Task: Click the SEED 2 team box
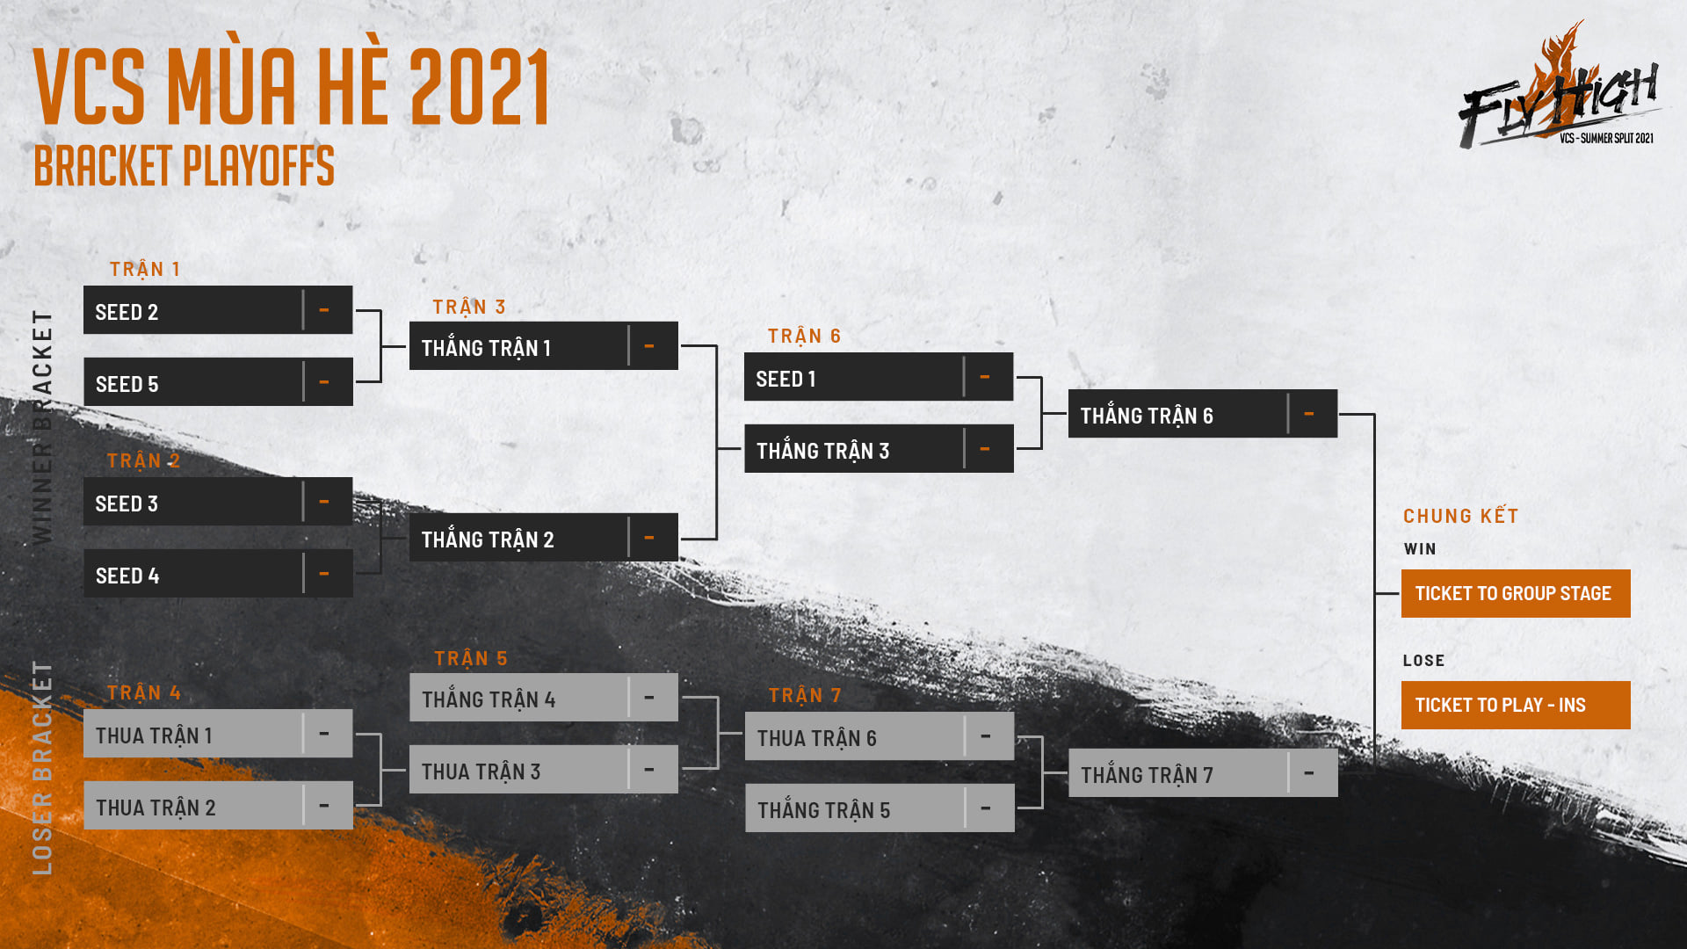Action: coord(218,310)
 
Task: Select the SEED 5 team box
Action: coord(218,382)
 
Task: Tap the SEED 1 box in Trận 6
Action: coord(879,377)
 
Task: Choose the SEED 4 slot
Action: coord(218,574)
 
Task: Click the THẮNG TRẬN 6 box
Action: coord(1203,414)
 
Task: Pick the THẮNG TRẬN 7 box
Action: coord(1203,773)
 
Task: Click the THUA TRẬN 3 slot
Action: coord(544,770)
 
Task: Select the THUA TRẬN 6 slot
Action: coord(880,736)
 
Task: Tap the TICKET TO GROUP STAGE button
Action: coord(1516,593)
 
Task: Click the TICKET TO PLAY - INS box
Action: coord(1516,705)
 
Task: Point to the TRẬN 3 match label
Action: coord(469,307)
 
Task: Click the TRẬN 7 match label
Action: coord(806,695)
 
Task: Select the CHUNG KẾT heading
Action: coord(1461,516)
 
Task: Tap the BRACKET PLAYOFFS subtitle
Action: coord(185,166)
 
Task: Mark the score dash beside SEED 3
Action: coord(324,502)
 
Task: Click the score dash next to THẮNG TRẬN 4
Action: coord(649,698)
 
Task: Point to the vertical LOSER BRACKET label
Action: coord(42,767)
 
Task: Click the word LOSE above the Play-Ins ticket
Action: coord(1423,660)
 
